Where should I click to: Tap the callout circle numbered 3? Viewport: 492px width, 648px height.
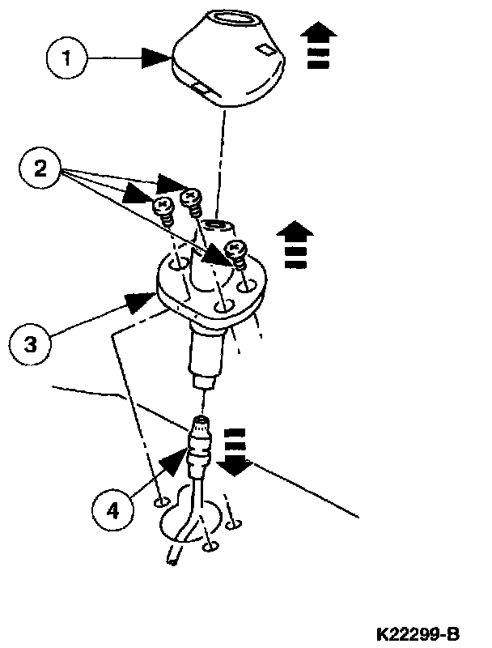point(29,343)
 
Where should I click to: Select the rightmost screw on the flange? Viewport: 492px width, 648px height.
point(237,253)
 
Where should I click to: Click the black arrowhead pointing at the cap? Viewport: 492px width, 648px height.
point(157,58)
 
